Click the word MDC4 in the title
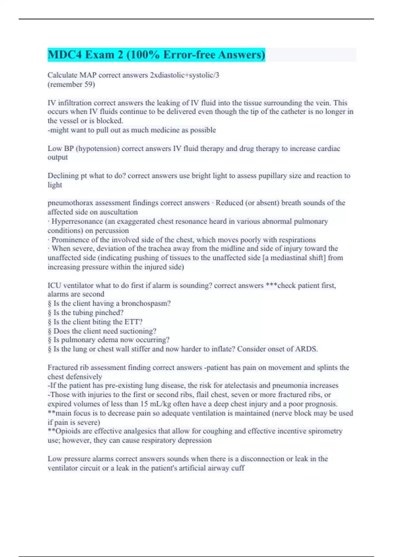click(x=65, y=55)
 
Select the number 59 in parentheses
click(x=88, y=85)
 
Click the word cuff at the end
click(x=238, y=468)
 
